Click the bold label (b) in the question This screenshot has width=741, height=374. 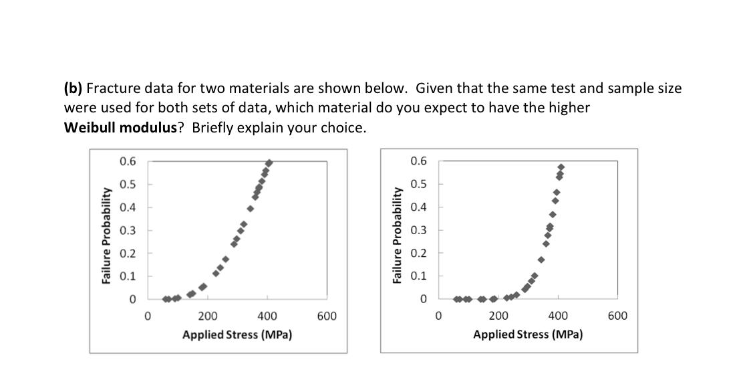pos(73,88)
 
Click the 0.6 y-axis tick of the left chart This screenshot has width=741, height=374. pos(128,161)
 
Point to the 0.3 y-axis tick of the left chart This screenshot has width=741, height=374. pos(128,230)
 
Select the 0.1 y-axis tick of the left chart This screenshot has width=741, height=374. pos(128,276)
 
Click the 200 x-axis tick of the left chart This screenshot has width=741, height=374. pos(207,316)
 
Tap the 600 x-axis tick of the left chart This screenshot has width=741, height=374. pos(326,316)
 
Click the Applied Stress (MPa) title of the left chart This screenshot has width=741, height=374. pos(237,335)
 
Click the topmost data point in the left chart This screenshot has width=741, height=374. pos(269,163)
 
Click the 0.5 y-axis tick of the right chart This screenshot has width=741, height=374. pos(418,184)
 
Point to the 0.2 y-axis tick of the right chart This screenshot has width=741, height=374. pos(418,253)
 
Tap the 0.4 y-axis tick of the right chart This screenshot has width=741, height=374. pos(418,207)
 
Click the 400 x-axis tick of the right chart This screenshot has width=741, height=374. pos(558,316)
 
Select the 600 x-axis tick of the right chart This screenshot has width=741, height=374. pos(617,316)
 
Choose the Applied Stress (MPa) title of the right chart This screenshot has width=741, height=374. pos(528,335)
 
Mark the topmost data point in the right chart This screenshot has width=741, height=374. pos(561,167)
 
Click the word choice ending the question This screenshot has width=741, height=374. pos(345,128)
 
